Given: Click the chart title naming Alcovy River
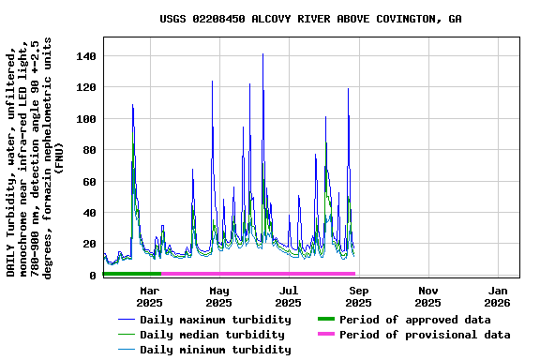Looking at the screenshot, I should coord(310,19).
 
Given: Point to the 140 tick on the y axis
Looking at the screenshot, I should coord(85,56).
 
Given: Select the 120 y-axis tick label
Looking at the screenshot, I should coord(85,87).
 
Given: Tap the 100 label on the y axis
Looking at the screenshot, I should coord(85,119).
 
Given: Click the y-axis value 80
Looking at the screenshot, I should coord(89,150).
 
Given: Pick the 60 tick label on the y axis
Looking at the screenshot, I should coord(89,181).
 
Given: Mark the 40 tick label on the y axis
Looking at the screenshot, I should coord(89,213).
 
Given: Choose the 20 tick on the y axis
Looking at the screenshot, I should coord(89,244).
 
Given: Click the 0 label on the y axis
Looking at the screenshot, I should coord(93,275).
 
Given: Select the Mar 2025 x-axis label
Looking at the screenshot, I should coord(149,296).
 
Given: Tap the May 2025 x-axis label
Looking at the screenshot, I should coord(218,296).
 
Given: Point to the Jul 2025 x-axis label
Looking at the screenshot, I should coord(289,296).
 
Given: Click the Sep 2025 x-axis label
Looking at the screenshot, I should coord(358,296).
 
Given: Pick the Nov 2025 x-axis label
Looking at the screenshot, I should coord(427,296).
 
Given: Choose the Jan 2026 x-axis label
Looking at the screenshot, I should coord(497,296).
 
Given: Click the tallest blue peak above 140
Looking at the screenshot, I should coord(262,55).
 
